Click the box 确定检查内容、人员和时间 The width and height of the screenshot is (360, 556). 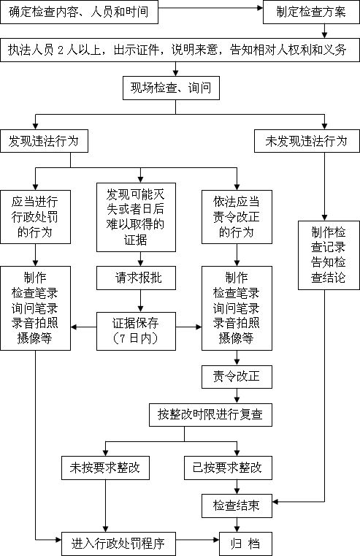tap(79, 12)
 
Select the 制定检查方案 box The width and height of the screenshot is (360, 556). tap(311, 12)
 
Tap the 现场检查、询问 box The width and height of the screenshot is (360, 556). tap(171, 88)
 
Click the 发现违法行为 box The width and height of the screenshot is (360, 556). tap(44, 141)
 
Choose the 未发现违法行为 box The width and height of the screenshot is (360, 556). tap(307, 141)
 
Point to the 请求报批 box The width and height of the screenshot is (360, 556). tap(136, 278)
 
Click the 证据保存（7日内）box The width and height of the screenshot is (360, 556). tap(136, 331)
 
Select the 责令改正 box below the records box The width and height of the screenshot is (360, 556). tap(237, 376)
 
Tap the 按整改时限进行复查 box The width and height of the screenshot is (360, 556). tap(210, 414)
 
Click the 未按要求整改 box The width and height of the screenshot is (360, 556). tap(105, 468)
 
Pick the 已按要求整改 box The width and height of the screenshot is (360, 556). tap(228, 468)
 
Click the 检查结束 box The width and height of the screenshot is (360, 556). tap(237, 506)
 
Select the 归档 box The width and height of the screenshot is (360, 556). tap(245, 544)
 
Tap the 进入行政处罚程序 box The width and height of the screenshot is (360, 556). tap(118, 544)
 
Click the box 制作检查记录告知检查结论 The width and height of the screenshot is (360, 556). tap(329, 255)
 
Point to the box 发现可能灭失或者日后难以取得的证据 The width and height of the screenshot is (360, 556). tap(136, 218)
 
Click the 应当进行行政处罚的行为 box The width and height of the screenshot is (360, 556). tap(36, 217)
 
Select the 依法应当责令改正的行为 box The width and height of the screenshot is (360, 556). tap(237, 217)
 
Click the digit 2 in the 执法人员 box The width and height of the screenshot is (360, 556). tap(60, 50)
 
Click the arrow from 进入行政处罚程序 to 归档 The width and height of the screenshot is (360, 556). tap(197, 540)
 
